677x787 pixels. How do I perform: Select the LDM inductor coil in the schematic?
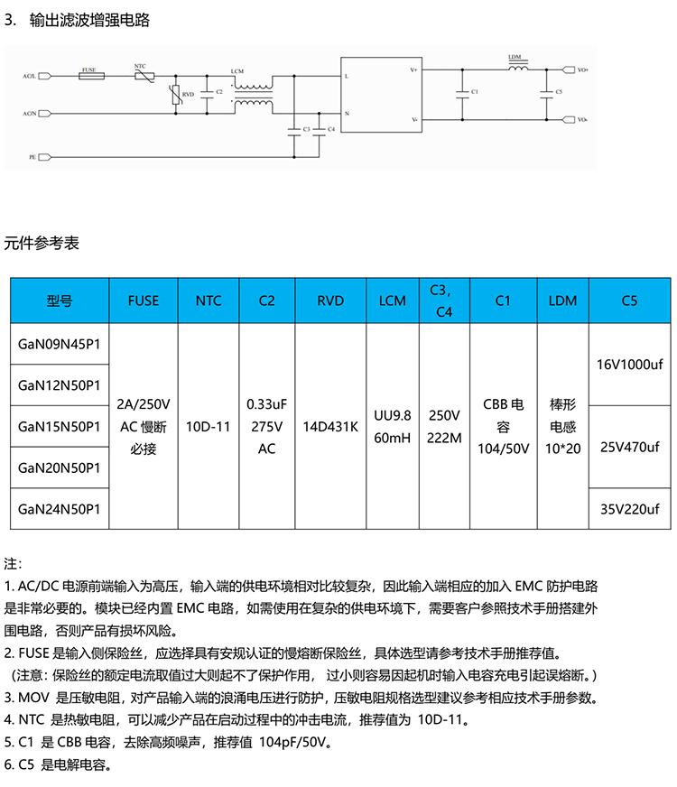(515, 68)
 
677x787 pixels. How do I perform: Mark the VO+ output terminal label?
(582, 69)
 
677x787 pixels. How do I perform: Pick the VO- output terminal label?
(582, 119)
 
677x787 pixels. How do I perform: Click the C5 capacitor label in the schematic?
(559, 92)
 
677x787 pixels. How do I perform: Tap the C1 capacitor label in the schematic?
(475, 92)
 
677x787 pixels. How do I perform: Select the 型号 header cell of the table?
(59, 301)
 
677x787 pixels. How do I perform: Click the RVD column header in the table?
(331, 301)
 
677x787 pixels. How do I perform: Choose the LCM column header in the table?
(393, 301)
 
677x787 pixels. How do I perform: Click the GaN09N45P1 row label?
(59, 344)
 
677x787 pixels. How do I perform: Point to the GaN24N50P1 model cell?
(59, 509)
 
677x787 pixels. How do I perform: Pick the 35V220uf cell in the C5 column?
(629, 509)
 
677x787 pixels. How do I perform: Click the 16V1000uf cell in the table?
(629, 365)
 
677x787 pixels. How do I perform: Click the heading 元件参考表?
(42, 243)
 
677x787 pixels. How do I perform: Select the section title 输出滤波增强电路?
(89, 21)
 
